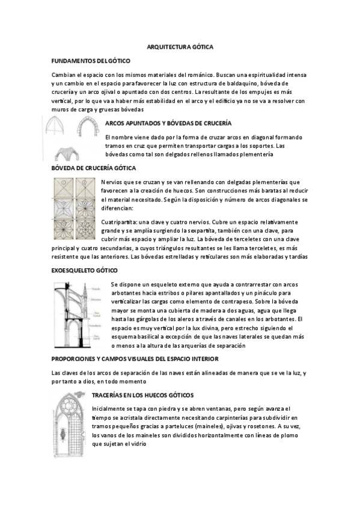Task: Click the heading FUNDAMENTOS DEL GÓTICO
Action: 91,61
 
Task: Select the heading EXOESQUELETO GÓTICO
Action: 85,271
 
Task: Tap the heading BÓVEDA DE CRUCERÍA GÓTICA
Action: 94,168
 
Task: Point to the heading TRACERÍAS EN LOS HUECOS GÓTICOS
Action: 142,395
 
